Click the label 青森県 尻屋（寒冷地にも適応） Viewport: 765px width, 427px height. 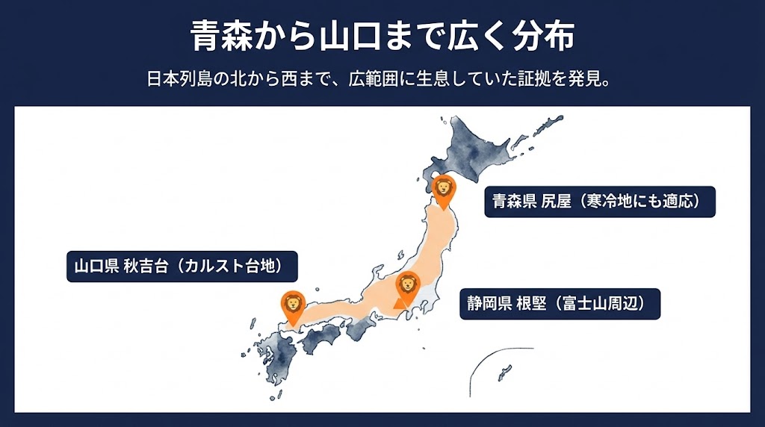[x=599, y=201]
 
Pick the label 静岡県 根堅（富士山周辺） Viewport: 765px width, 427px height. [x=560, y=304]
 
